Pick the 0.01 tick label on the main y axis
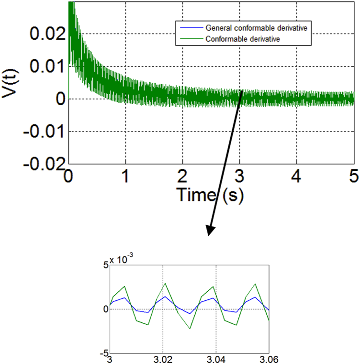point(46,66)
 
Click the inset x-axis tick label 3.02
point(163,359)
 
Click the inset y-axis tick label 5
point(106,265)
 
